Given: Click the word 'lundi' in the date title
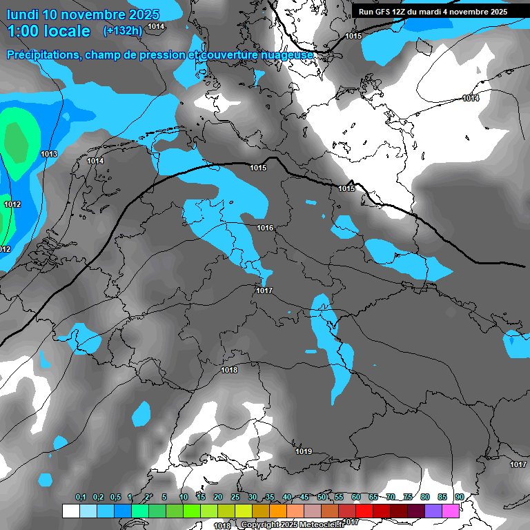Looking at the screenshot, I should click(x=25, y=14).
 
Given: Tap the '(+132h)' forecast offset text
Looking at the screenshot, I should click(x=122, y=30).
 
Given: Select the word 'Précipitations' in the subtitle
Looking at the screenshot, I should click(x=41, y=55).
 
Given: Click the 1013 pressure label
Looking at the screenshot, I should click(x=49, y=154).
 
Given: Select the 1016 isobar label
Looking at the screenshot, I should click(x=265, y=228).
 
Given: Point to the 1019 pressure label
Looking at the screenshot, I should click(x=304, y=452).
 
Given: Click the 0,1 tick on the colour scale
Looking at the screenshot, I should click(x=80, y=497).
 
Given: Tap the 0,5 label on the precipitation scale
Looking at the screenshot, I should click(x=115, y=497).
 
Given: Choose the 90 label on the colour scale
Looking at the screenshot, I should click(x=459, y=497).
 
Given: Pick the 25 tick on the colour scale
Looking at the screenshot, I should click(x=235, y=497).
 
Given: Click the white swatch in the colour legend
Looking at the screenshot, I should click(x=70, y=511).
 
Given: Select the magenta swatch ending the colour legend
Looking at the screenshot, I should click(x=451, y=511).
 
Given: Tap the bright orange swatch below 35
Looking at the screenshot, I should click(x=278, y=511).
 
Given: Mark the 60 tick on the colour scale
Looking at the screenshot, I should click(x=355, y=497).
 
